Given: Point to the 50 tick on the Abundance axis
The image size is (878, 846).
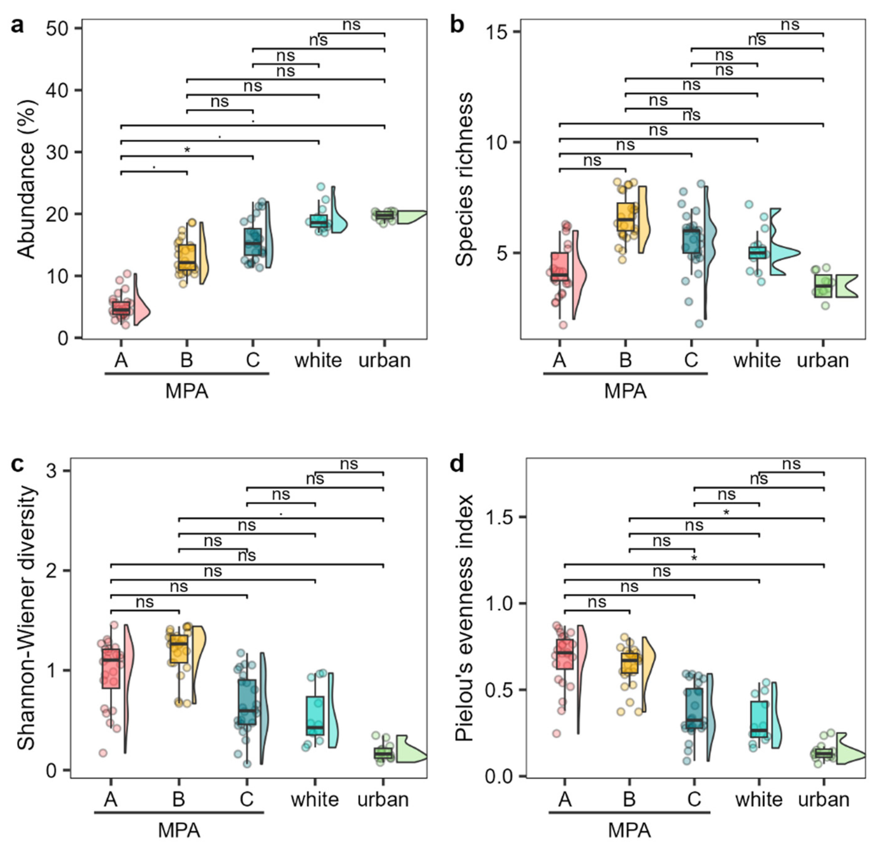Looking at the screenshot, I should point(58,29).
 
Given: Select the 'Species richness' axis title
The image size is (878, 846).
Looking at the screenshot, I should point(464,179).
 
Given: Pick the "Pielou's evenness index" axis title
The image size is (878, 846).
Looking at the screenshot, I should point(464,618).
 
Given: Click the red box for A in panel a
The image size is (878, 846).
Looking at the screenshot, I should point(121,308).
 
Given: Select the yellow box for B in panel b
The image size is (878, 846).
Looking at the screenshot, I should point(625,217).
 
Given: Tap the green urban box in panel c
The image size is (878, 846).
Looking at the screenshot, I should point(383,753).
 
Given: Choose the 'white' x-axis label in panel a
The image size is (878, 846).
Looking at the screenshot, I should point(318,361).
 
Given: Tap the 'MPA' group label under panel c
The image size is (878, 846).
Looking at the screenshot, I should point(179,830).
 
